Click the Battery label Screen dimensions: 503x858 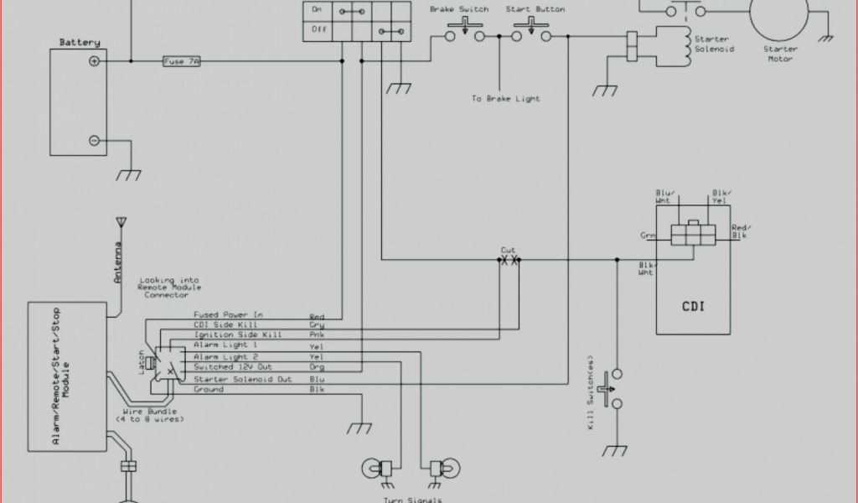pos(80,42)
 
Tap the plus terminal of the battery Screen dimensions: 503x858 pos(95,60)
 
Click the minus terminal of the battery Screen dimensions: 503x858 pos(95,140)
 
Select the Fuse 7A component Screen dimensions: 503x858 pos(181,61)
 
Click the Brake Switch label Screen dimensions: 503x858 pos(459,9)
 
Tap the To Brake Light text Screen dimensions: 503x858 pos(505,99)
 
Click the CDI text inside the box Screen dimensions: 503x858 pos(692,305)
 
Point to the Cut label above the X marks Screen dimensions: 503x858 pos(508,250)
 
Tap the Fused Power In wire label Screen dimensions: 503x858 pos(228,315)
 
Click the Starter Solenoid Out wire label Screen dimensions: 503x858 pos(243,379)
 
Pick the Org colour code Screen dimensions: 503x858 pos(317,367)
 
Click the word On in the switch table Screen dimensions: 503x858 pos(317,9)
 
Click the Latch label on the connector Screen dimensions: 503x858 pos(142,363)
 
